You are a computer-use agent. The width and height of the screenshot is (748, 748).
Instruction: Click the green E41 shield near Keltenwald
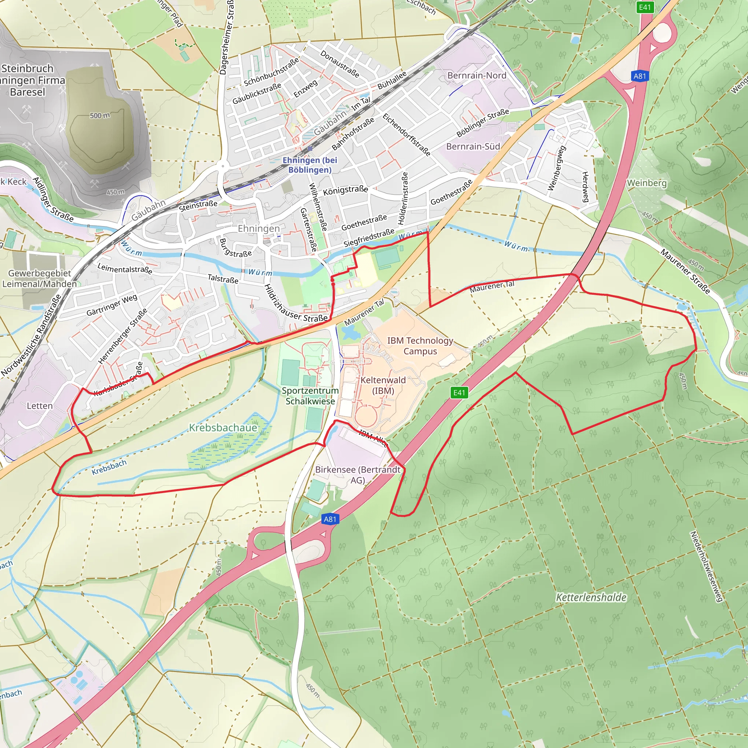[459, 393]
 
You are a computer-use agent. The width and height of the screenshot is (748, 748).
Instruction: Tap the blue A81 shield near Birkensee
[330, 519]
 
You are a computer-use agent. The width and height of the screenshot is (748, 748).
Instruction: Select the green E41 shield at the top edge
[645, 7]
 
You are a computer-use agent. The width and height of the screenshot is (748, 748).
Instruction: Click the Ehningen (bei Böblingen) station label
[310, 165]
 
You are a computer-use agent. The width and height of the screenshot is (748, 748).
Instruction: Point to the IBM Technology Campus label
[420, 346]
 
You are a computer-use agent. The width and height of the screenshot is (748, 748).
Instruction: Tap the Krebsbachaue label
[223, 428]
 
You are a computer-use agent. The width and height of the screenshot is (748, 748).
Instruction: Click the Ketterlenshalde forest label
[591, 598]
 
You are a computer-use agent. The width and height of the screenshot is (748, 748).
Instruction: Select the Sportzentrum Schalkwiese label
[310, 396]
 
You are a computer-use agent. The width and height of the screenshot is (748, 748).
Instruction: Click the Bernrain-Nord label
[477, 76]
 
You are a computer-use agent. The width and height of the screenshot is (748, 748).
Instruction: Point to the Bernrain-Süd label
[473, 146]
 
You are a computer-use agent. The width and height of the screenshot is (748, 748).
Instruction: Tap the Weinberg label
[646, 183]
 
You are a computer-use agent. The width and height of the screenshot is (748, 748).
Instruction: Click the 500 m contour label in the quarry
[99, 115]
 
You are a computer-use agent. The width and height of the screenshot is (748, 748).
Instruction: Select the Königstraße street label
[346, 190]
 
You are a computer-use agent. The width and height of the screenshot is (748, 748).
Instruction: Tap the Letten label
[39, 406]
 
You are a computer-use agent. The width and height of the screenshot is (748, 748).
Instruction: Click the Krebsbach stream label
[109, 467]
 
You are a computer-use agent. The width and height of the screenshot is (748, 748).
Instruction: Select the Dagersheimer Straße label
[226, 37]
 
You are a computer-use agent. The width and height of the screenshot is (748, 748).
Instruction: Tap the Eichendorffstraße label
[407, 134]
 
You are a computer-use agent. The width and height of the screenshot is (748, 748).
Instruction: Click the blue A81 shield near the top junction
[640, 76]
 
